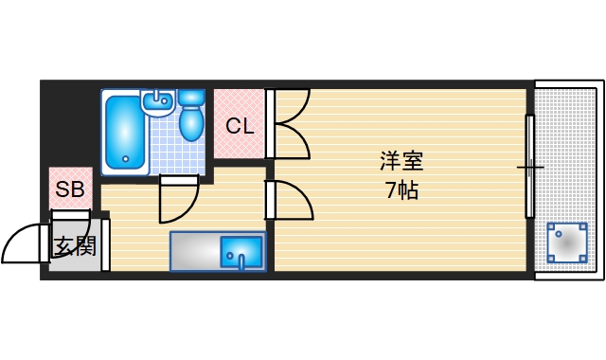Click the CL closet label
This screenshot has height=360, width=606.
[x=239, y=125]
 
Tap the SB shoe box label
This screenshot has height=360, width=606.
[x=69, y=189]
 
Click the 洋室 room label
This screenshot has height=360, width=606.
[x=401, y=160]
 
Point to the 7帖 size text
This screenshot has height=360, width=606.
[x=401, y=190]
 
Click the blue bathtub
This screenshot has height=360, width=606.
[x=123, y=133]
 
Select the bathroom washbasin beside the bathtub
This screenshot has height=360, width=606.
[x=156, y=101]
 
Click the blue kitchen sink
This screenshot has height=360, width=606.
[x=241, y=253]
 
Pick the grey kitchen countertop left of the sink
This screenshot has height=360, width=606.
[x=195, y=252]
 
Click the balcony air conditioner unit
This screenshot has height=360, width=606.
[x=565, y=243]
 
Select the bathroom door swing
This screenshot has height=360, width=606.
[x=178, y=197]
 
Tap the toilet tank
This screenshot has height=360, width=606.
[x=191, y=97]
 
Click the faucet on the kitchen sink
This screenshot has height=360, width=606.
[x=241, y=260]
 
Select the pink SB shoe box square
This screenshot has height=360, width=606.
[x=69, y=189]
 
